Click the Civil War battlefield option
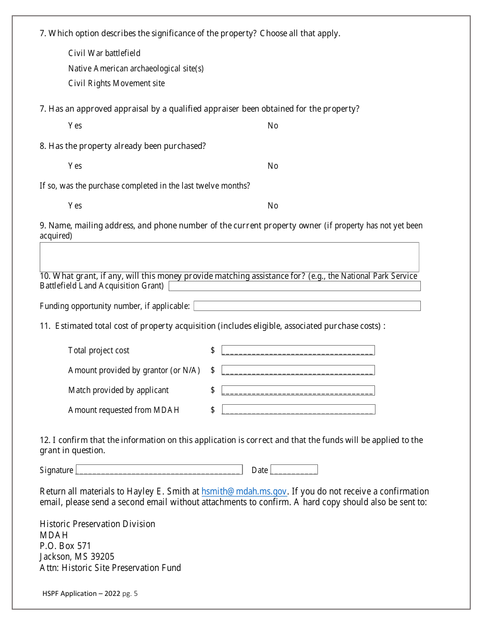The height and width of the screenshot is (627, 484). click(x=104, y=53)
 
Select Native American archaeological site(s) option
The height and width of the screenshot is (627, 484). click(x=136, y=68)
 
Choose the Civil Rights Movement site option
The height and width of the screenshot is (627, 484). click(x=116, y=83)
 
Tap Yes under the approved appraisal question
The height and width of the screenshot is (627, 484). click(x=75, y=125)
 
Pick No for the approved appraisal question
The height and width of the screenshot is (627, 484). click(x=273, y=125)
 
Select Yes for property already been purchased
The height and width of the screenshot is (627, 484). click(x=75, y=166)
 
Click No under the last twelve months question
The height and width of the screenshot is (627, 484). click(x=273, y=205)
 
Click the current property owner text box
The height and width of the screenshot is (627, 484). click(x=229, y=256)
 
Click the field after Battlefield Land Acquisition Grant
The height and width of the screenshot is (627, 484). click(x=294, y=286)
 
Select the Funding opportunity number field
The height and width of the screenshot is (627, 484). click(x=307, y=306)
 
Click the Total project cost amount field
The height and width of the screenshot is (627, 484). click(x=298, y=350)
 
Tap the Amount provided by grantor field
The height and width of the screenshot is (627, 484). click(x=298, y=370)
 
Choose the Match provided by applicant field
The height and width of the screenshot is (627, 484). click(x=298, y=390)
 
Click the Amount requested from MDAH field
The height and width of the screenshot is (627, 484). click(x=298, y=409)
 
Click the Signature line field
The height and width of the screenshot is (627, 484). click(x=159, y=469)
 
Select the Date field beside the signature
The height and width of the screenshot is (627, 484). click(x=294, y=469)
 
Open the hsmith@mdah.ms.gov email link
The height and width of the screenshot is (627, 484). click(x=244, y=491)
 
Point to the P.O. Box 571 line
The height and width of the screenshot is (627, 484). click(x=65, y=546)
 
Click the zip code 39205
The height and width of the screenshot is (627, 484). click(x=101, y=557)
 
